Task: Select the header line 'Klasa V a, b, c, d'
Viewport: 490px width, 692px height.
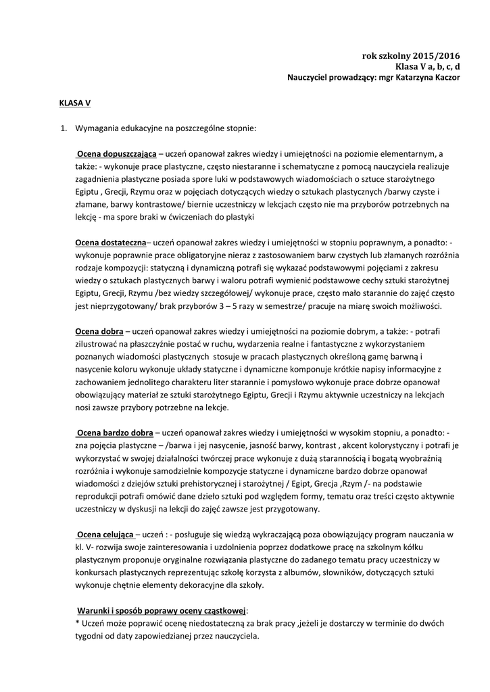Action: pos(428,67)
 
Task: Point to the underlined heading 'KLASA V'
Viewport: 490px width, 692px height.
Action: pos(75,104)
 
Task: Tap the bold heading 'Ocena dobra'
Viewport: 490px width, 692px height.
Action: pos(99,332)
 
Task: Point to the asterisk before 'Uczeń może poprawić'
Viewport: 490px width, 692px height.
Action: pos(78,623)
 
